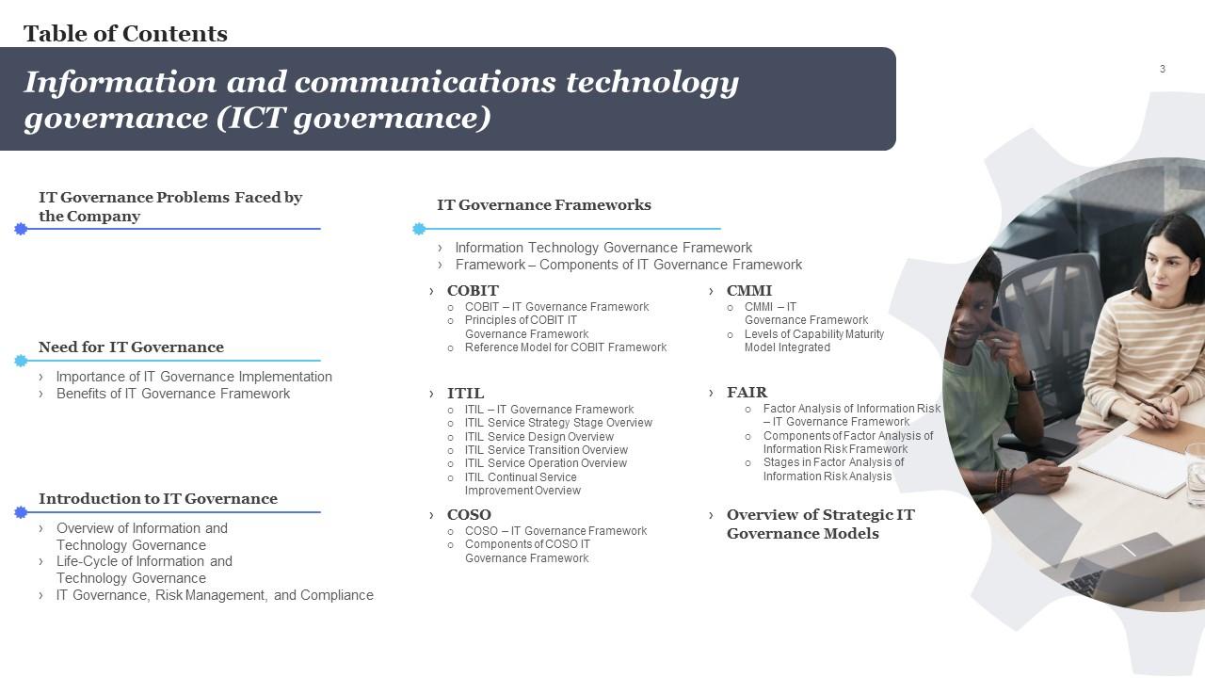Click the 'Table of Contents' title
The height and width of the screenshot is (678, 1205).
[125, 33]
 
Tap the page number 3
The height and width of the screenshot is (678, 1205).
[1163, 69]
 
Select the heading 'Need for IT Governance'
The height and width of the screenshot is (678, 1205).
[131, 347]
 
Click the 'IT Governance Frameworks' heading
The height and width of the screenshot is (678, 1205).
[544, 205]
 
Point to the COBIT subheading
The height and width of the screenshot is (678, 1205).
[473, 291]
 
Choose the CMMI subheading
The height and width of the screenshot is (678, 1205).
[748, 291]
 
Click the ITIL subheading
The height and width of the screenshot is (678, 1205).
[465, 394]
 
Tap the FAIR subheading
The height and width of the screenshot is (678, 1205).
[747, 393]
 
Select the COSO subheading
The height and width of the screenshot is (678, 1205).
[469, 515]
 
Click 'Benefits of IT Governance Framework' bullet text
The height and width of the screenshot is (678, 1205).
[173, 394]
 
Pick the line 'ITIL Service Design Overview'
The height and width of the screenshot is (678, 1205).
[539, 436]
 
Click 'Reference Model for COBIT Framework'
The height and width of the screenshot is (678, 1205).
[566, 347]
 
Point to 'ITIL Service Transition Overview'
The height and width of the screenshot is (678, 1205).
[546, 450]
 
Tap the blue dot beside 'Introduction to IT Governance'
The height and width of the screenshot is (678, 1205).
[21, 512]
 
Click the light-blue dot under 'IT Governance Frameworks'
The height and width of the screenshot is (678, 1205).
[419, 229]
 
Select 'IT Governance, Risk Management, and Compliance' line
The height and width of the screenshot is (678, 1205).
[215, 595]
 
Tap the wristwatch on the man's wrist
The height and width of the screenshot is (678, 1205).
[1025, 380]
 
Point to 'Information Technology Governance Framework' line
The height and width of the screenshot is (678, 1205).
[603, 248]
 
